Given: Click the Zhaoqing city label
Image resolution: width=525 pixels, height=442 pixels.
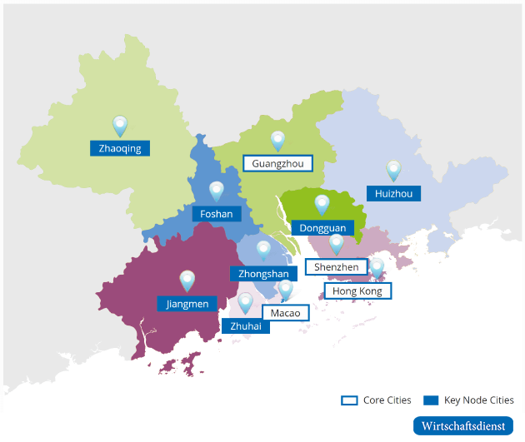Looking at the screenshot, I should [x=120, y=149].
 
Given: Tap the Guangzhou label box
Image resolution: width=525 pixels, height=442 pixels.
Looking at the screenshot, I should [x=277, y=163].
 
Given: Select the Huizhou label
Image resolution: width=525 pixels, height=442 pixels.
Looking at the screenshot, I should [x=393, y=193].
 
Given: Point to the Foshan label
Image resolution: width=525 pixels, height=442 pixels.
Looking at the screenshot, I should [x=217, y=214].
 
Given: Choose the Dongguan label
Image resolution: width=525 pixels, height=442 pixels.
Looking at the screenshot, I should [x=322, y=227].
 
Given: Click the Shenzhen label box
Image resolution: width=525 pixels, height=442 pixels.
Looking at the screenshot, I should [x=337, y=267].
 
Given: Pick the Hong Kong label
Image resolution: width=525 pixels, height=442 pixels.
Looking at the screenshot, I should [x=357, y=291].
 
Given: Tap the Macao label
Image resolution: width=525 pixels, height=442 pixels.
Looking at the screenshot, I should [x=286, y=313].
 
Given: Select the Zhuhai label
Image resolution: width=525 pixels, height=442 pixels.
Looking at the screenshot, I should [x=246, y=326].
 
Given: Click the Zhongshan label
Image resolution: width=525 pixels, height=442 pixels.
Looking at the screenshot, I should [x=263, y=274].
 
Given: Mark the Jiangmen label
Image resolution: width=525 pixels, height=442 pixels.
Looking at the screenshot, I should [x=187, y=304].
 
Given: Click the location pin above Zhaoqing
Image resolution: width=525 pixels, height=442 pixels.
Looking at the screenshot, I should [x=120, y=126].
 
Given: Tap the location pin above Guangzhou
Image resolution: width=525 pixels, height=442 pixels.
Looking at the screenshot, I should [x=277, y=141].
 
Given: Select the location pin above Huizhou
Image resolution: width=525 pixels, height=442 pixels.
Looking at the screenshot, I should [x=393, y=171].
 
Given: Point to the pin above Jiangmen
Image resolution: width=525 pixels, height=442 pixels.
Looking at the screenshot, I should [x=187, y=281].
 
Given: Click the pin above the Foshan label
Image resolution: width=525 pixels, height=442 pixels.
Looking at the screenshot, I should [x=217, y=191].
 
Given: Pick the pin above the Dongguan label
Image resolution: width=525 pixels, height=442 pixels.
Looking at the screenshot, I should [x=322, y=205].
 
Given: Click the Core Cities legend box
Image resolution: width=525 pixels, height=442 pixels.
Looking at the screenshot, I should [x=349, y=400].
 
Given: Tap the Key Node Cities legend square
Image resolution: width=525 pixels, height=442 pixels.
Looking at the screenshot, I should [x=431, y=400].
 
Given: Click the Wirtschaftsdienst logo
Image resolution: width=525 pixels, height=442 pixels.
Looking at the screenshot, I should [x=463, y=425].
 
